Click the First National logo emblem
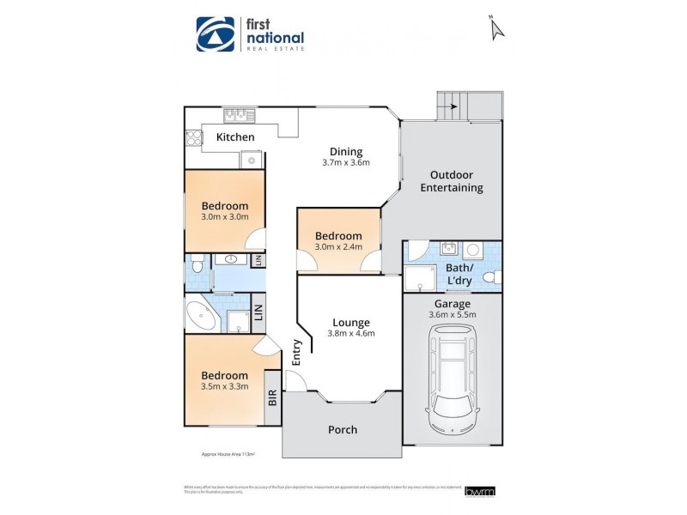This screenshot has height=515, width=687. (x=216, y=35)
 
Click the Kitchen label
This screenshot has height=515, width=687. (x=234, y=137)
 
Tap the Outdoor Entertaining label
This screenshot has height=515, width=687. (x=452, y=181)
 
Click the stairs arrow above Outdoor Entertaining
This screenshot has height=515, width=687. (x=447, y=107)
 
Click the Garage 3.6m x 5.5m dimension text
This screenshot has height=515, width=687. (x=452, y=315)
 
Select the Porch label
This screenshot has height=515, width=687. (x=342, y=429)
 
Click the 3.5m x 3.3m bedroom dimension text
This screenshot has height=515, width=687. (x=225, y=386)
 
